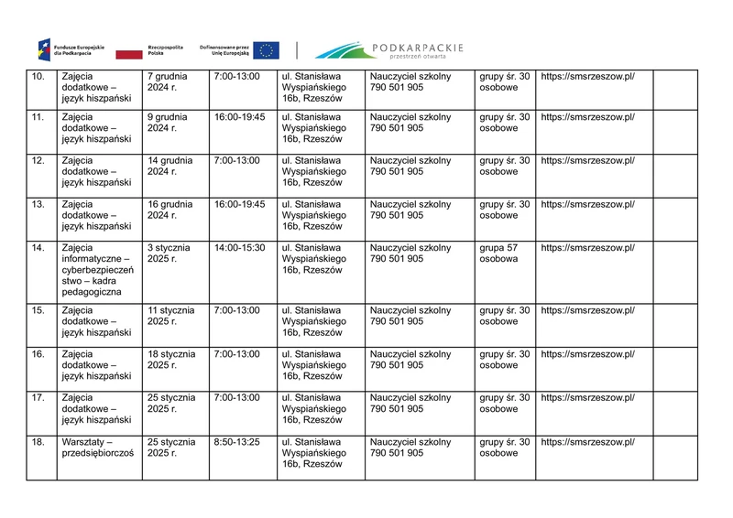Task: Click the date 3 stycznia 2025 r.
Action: [x=169, y=253]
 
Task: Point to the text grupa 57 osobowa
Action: [x=499, y=253]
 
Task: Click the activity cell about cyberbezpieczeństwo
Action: [x=95, y=269]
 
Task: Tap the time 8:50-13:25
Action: [x=236, y=442]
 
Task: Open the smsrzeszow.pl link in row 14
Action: [x=587, y=247]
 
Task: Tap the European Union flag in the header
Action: [x=267, y=50]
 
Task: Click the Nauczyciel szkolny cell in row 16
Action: [x=410, y=359]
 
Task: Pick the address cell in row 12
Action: [x=313, y=171]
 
